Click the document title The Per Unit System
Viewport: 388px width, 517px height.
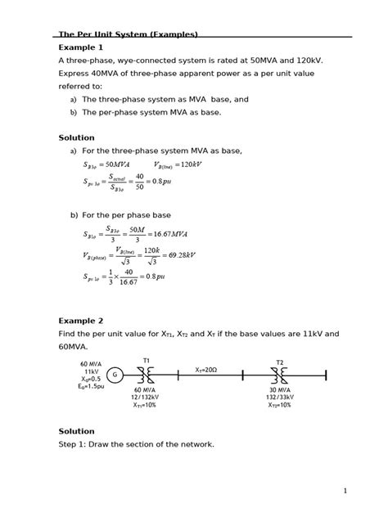click(128, 34)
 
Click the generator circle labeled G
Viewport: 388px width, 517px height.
click(115, 375)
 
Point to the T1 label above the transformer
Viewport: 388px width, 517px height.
click(147, 360)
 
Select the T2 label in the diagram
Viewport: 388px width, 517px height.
click(280, 361)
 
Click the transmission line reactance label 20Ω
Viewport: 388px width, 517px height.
click(206, 370)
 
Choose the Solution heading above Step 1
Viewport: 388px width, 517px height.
click(76, 431)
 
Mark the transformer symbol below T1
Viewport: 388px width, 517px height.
click(147, 375)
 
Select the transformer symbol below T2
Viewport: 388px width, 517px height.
click(280, 375)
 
